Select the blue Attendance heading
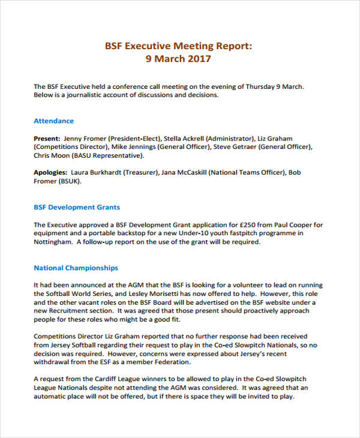coord(54,121)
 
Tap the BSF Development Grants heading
coord(77,208)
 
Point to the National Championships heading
coord(76,268)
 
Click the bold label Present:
coord(47,137)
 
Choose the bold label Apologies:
coord(50,173)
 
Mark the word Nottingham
coord(53,242)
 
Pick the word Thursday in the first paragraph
coord(254,86)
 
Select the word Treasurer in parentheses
coord(142,173)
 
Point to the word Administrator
coord(230,137)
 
